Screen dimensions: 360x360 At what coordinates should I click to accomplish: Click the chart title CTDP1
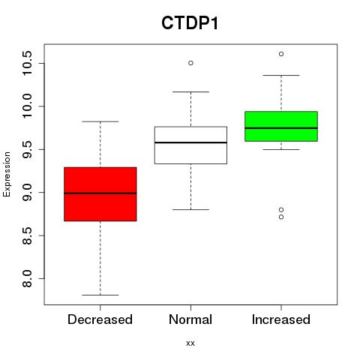pyautogui.click(x=190, y=23)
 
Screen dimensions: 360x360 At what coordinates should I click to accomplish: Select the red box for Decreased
pyautogui.click(x=100, y=194)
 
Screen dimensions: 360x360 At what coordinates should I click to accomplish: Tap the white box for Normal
pyautogui.click(x=190, y=145)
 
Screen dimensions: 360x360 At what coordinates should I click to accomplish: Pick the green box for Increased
pyautogui.click(x=281, y=126)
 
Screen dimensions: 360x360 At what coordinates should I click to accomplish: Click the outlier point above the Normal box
pyautogui.click(x=190, y=63)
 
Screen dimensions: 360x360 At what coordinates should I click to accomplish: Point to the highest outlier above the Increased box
pyautogui.click(x=281, y=54)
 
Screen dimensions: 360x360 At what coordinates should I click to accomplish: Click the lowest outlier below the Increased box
pyautogui.click(x=281, y=217)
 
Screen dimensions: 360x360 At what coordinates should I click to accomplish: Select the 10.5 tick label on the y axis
pyautogui.click(x=27, y=63)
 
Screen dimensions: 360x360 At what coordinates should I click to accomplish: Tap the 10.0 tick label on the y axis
pyautogui.click(x=27, y=106)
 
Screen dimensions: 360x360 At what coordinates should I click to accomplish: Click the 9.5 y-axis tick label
pyautogui.click(x=27, y=149)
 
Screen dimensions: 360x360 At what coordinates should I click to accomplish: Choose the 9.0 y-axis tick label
pyautogui.click(x=27, y=193)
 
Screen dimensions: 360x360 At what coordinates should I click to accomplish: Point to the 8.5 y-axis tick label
pyautogui.click(x=27, y=235)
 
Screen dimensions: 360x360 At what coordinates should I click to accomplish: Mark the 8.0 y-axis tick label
pyautogui.click(x=27, y=278)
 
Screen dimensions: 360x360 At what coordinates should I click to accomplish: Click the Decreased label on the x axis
pyautogui.click(x=100, y=319)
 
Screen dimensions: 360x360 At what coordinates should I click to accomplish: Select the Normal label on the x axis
pyautogui.click(x=190, y=319)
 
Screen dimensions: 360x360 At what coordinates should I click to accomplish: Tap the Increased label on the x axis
pyautogui.click(x=281, y=319)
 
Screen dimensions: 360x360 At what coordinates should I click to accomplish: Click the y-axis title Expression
pyautogui.click(x=7, y=174)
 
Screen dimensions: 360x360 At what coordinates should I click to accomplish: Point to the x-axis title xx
pyautogui.click(x=190, y=343)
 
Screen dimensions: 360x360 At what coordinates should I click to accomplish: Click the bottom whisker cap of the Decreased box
pyautogui.click(x=100, y=295)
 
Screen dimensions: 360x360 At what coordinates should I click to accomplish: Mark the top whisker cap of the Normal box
pyautogui.click(x=190, y=91)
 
